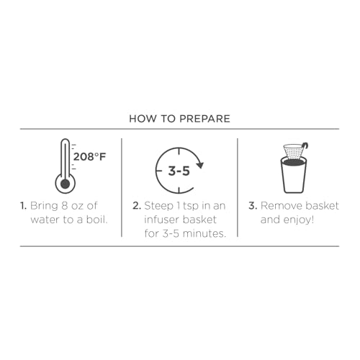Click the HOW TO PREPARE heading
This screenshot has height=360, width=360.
pos(179,119)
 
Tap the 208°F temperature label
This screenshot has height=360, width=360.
pos(89,157)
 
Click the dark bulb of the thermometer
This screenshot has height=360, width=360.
pos(66,184)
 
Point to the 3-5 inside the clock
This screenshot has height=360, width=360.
pos(179,171)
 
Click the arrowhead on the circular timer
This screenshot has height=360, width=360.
pos(199,165)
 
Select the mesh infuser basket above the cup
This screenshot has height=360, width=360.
pos(293,152)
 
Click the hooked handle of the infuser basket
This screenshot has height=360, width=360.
pos(305,147)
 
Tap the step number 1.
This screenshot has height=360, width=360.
pos(23,206)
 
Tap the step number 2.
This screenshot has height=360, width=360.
pos(137,206)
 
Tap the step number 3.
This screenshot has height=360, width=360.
pos(253,206)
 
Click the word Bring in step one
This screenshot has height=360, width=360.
pos(44,207)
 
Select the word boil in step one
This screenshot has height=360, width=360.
pos(96,220)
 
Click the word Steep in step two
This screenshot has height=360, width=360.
pos(158,207)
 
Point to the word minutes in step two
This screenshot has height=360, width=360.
pos(203,233)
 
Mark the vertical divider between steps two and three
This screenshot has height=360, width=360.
pos(238,187)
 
